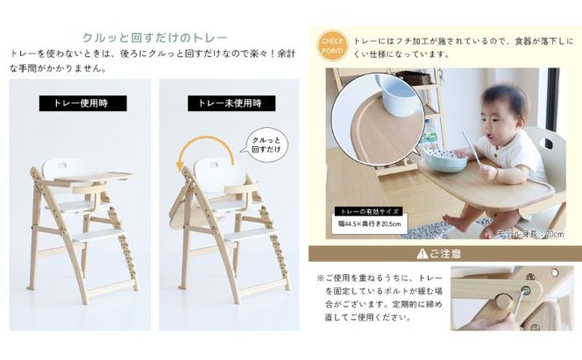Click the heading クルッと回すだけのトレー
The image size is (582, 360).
[154, 38]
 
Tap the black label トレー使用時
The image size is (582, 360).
[82, 103]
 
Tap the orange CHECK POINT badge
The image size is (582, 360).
[332, 44]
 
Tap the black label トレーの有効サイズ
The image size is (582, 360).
[366, 211]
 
